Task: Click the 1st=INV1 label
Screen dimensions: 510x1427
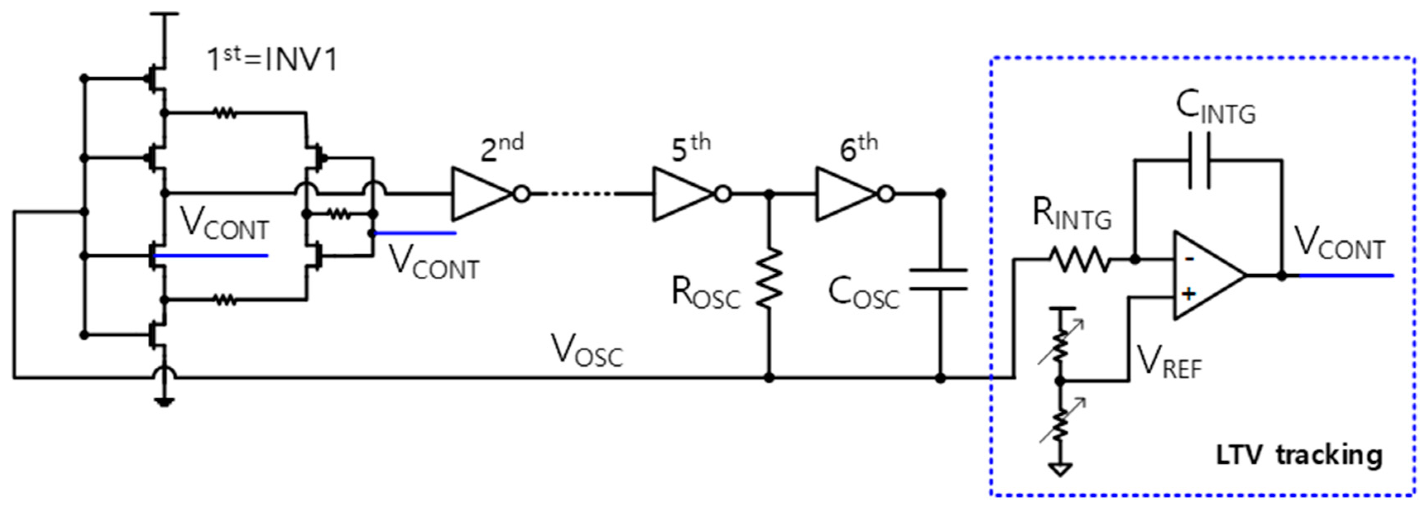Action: click(x=271, y=60)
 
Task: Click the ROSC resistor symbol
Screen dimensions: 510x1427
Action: click(x=769, y=278)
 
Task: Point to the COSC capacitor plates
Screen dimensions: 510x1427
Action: click(x=939, y=280)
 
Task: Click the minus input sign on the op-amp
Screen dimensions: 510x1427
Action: click(x=1188, y=259)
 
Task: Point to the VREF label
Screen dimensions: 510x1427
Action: click(x=1169, y=361)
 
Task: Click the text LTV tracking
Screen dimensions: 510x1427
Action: click(x=1299, y=455)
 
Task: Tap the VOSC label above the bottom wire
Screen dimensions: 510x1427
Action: click(x=587, y=352)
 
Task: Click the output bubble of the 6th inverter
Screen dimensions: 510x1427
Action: click(x=886, y=194)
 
